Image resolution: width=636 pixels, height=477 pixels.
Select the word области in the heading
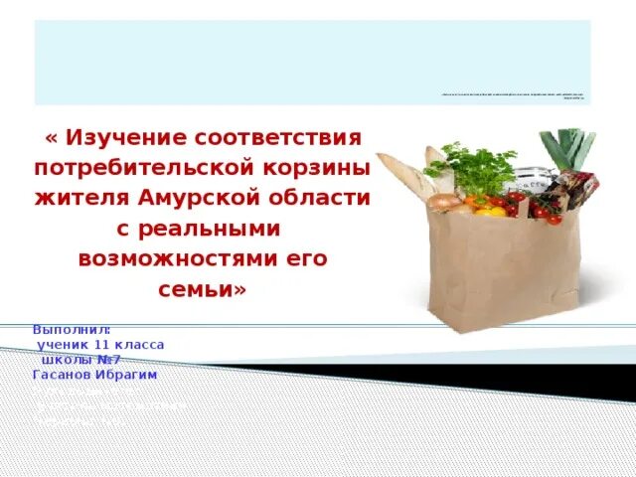coord(322,198)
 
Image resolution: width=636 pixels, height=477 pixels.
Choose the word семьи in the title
coord(194,290)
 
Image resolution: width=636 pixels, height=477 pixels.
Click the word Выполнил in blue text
coord(70,329)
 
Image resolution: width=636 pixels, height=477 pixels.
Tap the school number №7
coord(109,359)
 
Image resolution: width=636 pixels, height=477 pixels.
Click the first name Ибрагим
coord(127,375)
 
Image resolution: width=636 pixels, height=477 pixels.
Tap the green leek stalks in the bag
coord(573,149)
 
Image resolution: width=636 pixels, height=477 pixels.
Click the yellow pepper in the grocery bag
coord(489,210)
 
